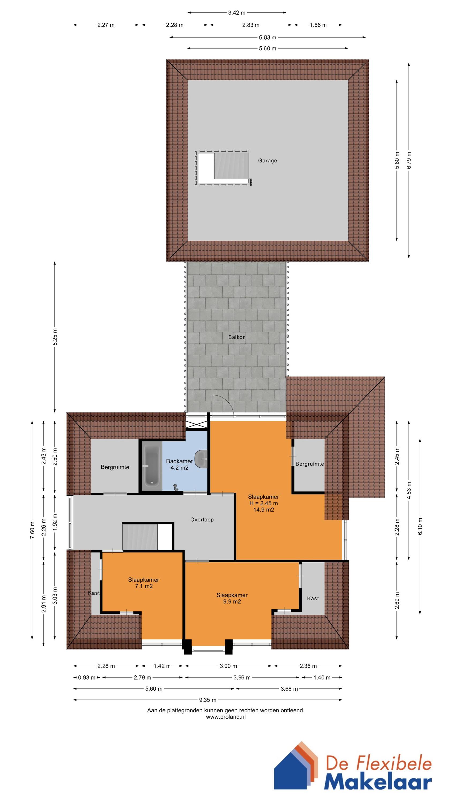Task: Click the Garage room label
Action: pos(267,161)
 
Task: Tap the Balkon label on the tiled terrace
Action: pos(237,337)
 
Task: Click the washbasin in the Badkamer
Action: pos(202,459)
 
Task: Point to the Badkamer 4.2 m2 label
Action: pos(179,464)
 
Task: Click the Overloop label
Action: pos(202,519)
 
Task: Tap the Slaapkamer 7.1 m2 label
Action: pos(144,583)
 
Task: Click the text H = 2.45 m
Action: pos(263,503)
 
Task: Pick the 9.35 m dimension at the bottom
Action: pos(208,700)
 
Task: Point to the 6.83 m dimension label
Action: pos(267,38)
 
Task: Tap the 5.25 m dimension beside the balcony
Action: pos(55,337)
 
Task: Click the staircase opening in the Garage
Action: pos(223,168)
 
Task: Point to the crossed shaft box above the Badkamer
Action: pos(196,425)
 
